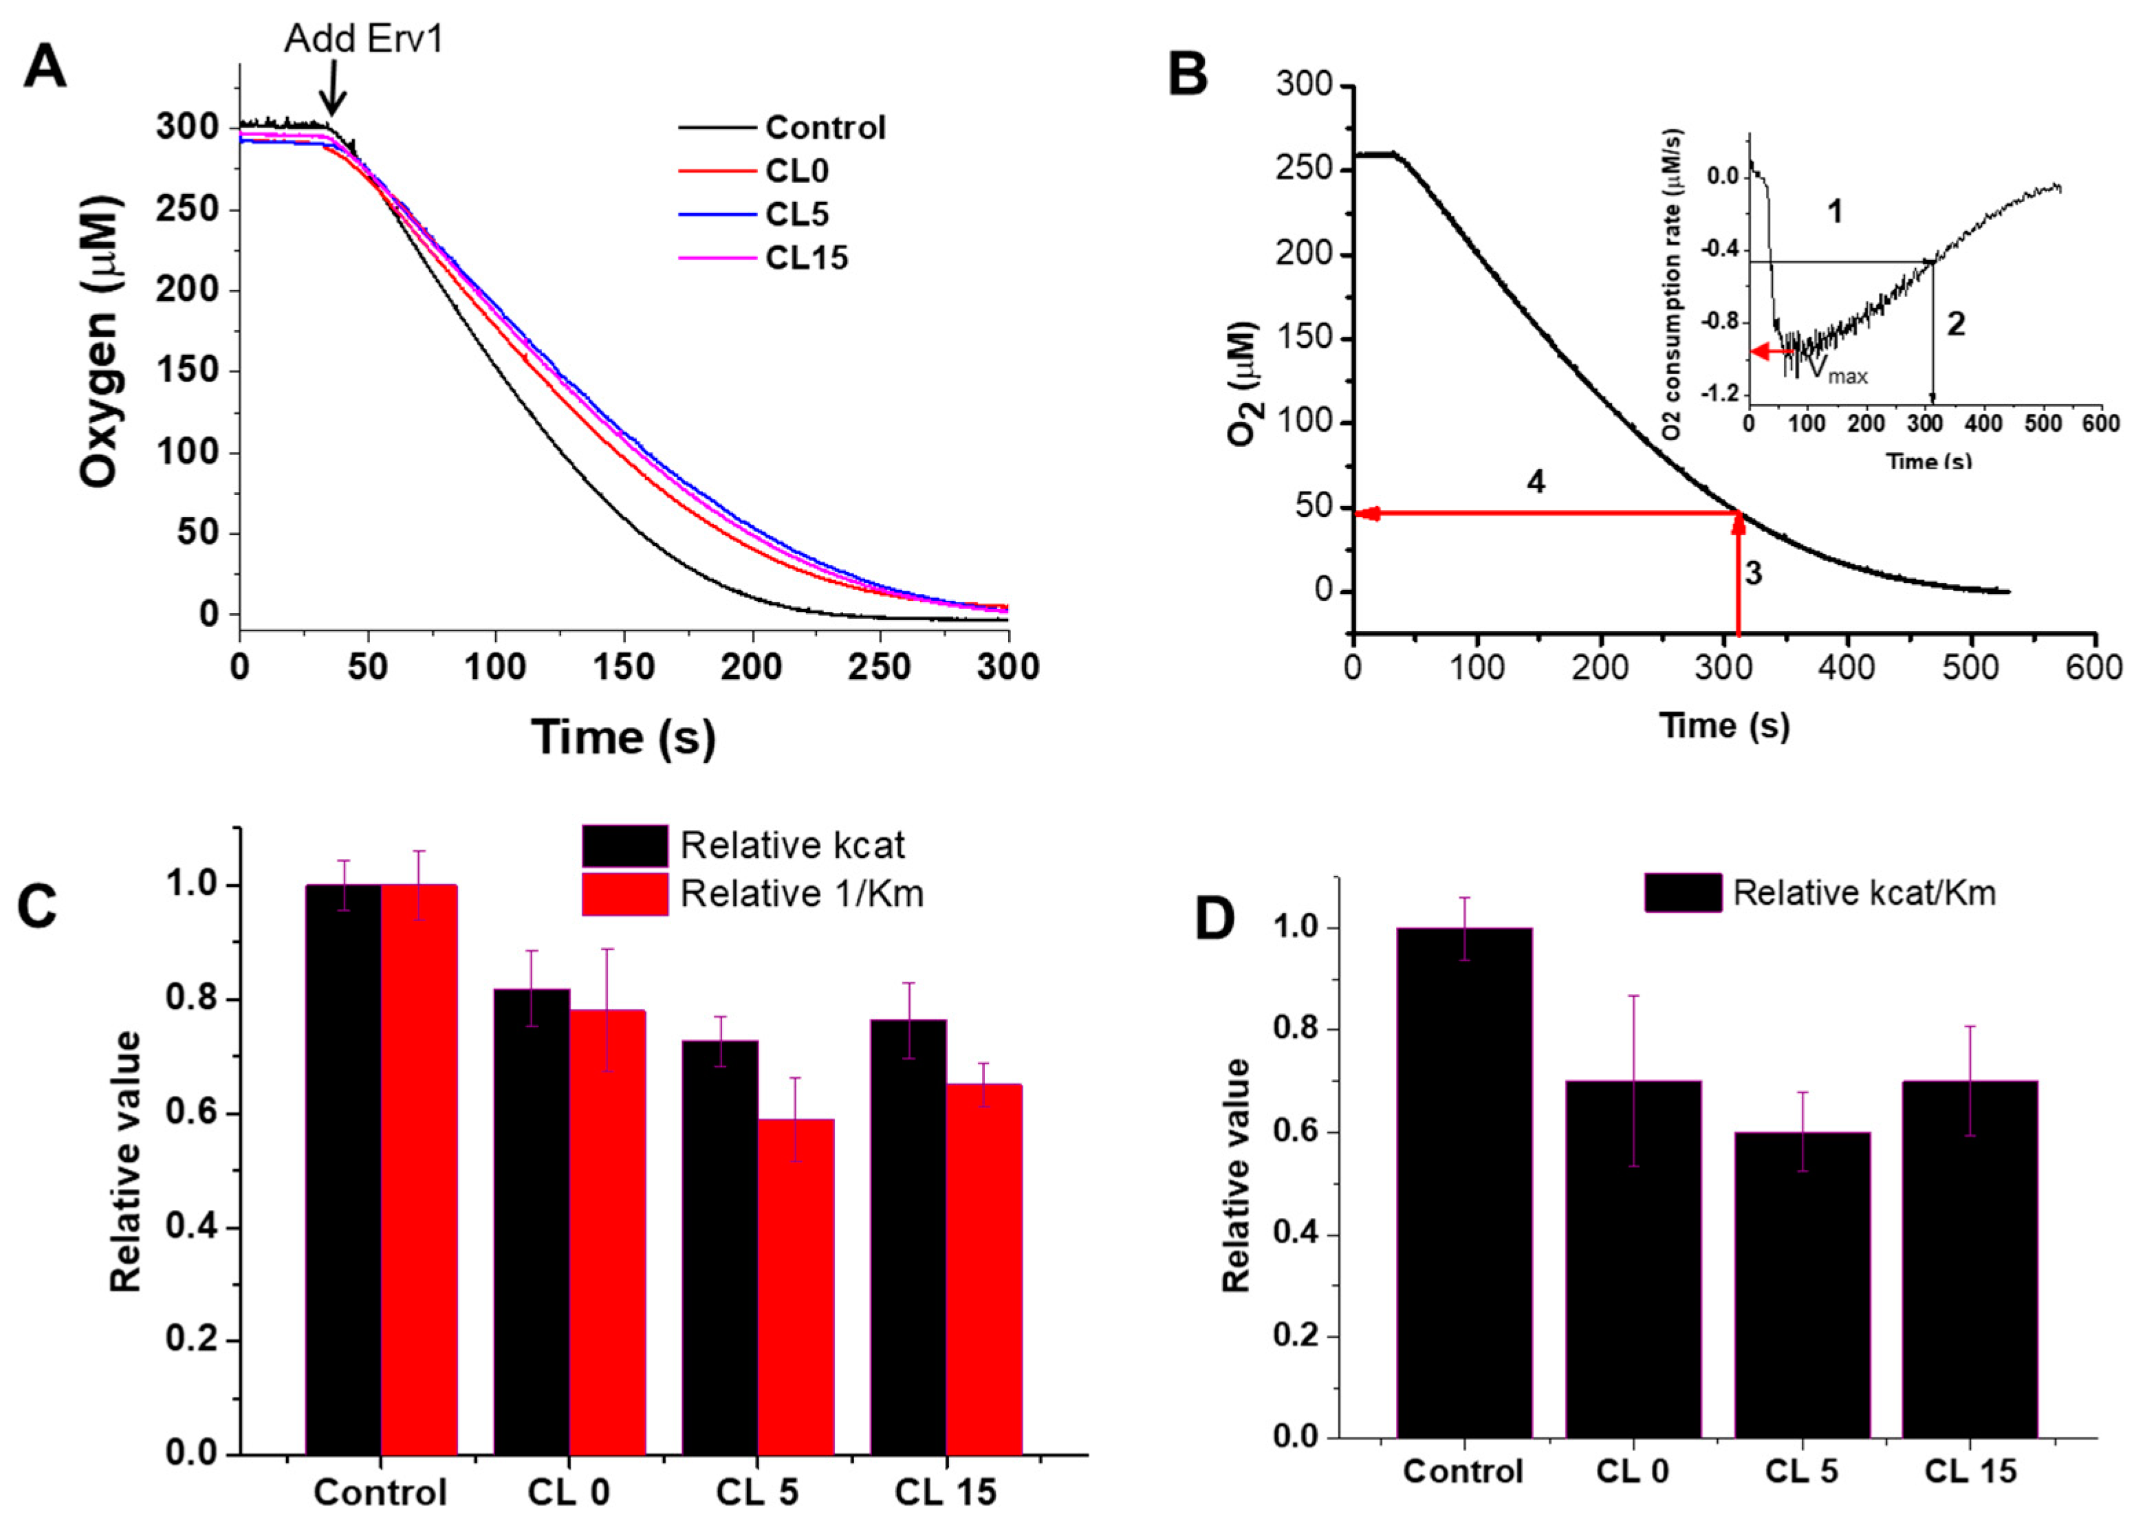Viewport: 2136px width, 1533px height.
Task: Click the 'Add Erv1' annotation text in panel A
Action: pos(364,38)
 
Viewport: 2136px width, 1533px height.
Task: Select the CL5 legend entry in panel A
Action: pos(797,214)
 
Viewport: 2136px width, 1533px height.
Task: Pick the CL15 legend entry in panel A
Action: pos(806,258)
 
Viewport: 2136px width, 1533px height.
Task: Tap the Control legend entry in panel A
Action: pos(825,127)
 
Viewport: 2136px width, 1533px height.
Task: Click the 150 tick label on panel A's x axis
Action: pos(624,668)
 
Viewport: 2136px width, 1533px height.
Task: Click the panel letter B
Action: pos(1188,74)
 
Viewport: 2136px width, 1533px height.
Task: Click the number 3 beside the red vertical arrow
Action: pos(1753,573)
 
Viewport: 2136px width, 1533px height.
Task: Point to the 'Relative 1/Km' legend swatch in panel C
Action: pos(624,894)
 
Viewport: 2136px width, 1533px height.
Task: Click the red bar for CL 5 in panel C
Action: pos(796,1287)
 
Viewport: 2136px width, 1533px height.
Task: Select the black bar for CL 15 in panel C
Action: pos(908,1237)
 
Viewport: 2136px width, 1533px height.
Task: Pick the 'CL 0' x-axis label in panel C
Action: pos(568,1492)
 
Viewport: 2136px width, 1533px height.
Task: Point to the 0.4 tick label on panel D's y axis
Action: pos(1297,1235)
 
